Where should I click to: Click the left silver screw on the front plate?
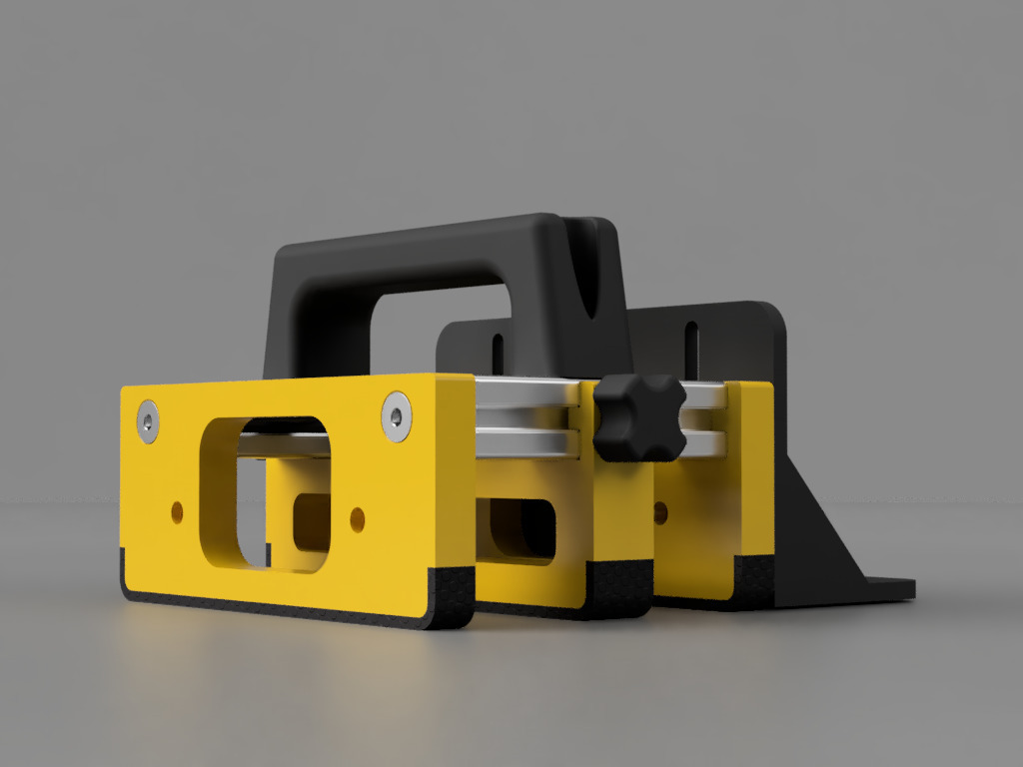(x=149, y=421)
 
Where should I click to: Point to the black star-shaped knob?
(x=638, y=416)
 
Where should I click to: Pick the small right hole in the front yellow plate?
(x=357, y=518)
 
